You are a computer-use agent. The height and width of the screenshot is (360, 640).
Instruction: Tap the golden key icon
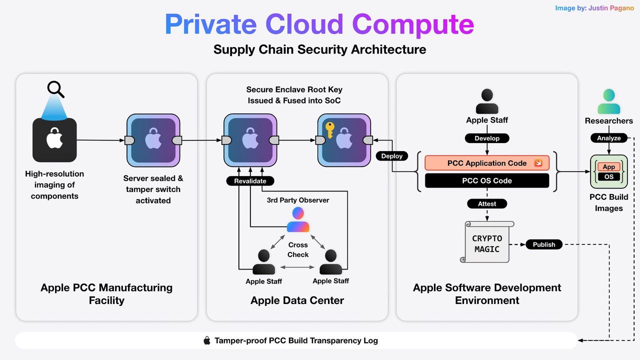[x=330, y=130]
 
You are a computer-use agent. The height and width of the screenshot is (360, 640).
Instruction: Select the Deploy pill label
[x=392, y=156]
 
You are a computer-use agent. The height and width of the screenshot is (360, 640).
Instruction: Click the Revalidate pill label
[x=250, y=180]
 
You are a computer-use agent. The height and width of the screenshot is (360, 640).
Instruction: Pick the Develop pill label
[x=487, y=138]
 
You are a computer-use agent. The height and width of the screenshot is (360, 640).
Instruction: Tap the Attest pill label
[x=487, y=203]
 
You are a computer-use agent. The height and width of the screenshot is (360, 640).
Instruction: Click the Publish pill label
[x=544, y=244]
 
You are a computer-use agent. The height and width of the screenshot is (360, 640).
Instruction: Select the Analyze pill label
[x=608, y=138]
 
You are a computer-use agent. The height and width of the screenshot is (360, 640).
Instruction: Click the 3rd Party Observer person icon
[x=298, y=220]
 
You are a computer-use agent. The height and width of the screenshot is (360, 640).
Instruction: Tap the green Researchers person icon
[x=608, y=101]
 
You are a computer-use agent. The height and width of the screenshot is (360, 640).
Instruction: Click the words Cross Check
[x=298, y=249]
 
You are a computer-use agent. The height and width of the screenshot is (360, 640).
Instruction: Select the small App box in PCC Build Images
[x=608, y=167]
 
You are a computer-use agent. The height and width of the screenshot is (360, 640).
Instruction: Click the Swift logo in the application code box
[x=538, y=163]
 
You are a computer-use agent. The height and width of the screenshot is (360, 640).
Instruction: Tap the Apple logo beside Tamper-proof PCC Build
[x=207, y=340]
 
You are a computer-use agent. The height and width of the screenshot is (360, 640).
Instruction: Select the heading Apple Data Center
[x=297, y=300]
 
